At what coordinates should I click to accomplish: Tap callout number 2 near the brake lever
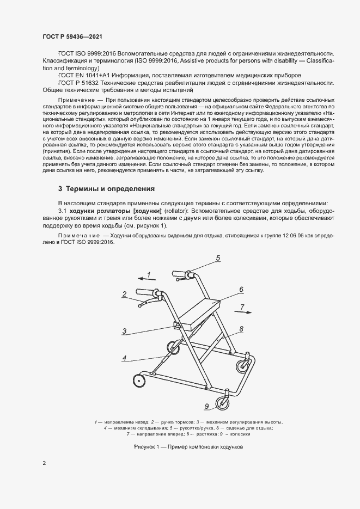(x=125, y=295)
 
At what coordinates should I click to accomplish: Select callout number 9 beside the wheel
(x=207, y=406)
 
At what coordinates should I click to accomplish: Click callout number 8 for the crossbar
(x=240, y=329)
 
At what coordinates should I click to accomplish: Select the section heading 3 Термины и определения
(x=106, y=189)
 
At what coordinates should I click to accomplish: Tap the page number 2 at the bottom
(x=44, y=463)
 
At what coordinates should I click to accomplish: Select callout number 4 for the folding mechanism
(x=125, y=358)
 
